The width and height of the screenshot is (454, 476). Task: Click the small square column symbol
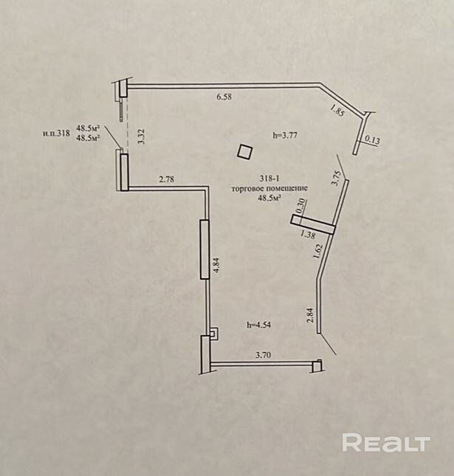click(244, 151)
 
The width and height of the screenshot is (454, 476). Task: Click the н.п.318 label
click(57, 134)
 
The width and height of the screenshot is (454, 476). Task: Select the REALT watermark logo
click(385, 443)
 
